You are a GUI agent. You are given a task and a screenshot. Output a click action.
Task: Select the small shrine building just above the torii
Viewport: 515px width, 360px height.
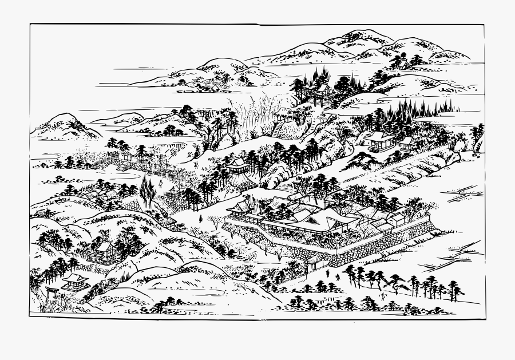pyautogui.click(x=74, y=281)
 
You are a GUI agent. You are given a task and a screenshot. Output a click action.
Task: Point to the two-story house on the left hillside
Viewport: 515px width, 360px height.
pyautogui.click(x=102, y=252)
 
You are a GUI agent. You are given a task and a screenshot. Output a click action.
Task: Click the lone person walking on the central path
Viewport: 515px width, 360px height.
pyautogui.click(x=200, y=219)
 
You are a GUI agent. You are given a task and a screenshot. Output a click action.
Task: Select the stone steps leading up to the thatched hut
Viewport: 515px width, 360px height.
pyautogui.click(x=277, y=129)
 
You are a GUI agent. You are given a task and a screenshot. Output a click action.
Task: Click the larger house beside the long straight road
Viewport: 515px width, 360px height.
pyautogui.click(x=378, y=139)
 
